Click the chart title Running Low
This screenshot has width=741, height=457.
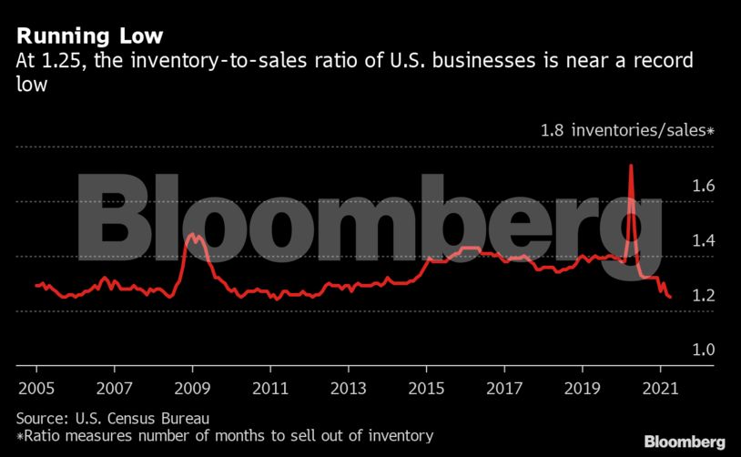pos(89,36)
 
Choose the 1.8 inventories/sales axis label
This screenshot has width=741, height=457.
pos(628,130)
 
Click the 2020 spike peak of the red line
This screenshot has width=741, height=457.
pos(631,166)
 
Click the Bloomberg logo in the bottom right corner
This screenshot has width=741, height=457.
pos(685,442)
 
